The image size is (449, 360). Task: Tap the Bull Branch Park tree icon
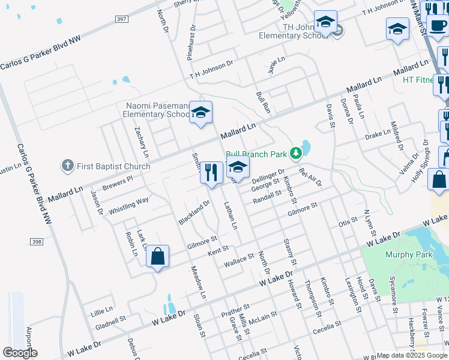tap(295, 154)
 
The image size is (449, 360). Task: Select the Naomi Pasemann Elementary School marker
tap(201, 112)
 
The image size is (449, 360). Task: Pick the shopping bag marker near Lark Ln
tap(157, 257)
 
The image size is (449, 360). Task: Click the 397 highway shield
tap(121, 19)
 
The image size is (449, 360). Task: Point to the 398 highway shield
tap(37, 241)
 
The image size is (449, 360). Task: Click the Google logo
tap(19, 353)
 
